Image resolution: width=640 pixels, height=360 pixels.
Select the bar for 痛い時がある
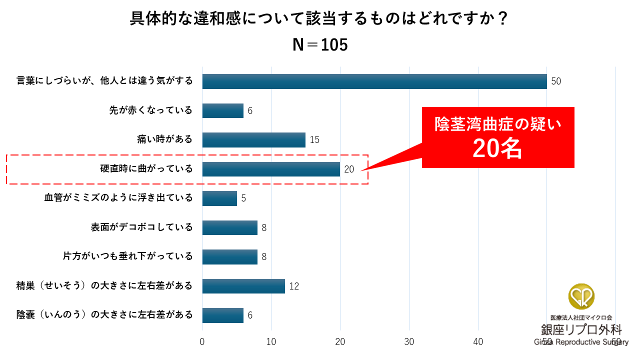coord(253,140)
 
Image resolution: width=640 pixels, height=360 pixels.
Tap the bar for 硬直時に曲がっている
coord(271,169)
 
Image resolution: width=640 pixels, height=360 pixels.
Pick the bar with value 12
coord(243,286)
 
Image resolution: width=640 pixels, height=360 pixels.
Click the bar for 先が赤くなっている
coord(222,110)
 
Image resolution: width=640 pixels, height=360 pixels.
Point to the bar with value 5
coord(219,198)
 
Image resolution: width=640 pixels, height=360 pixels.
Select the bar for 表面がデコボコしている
coord(229,227)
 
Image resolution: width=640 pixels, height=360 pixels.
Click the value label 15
coord(314,140)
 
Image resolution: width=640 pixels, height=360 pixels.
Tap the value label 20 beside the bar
coord(349,169)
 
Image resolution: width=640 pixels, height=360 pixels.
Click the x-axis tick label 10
coord(271,342)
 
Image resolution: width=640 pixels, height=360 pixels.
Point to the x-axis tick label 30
coord(409,342)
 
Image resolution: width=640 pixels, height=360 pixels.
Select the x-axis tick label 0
coord(202,342)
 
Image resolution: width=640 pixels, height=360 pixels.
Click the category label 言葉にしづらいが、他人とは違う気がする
coord(104,81)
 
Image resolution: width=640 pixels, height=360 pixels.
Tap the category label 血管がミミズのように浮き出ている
coord(118,198)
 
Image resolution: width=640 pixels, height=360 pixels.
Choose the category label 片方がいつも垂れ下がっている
coord(127,256)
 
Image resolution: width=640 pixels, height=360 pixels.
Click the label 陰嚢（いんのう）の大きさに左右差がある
coord(104,315)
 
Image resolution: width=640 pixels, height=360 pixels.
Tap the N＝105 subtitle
coord(320,45)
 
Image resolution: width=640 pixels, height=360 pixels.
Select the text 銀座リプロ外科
coord(581,329)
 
